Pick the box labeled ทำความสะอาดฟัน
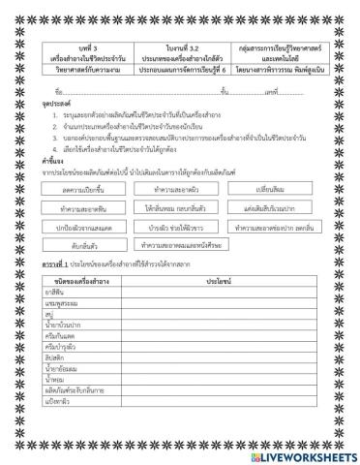tap(92, 207)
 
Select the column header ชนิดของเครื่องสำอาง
tap(94, 279)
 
